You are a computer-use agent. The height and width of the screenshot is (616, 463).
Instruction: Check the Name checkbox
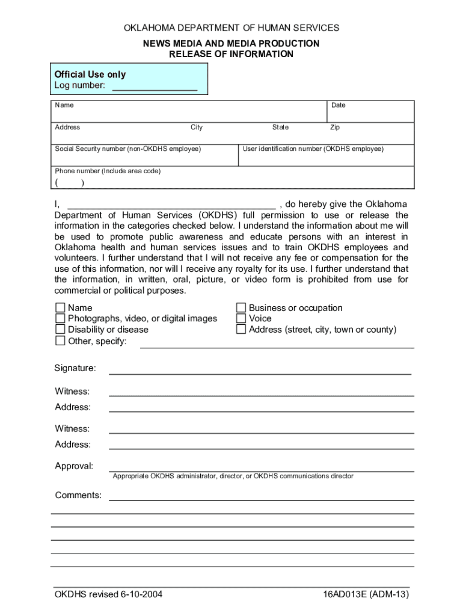pyautogui.click(x=60, y=308)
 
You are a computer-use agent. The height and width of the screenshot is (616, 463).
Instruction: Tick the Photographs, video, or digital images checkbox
pyautogui.click(x=60, y=319)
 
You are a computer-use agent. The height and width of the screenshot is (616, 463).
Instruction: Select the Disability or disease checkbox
pyautogui.click(x=60, y=330)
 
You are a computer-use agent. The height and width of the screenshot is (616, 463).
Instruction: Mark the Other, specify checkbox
pyautogui.click(x=60, y=341)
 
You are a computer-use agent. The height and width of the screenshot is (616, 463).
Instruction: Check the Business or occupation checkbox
pyautogui.click(x=241, y=308)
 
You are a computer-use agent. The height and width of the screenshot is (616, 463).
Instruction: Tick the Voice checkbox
pyautogui.click(x=241, y=319)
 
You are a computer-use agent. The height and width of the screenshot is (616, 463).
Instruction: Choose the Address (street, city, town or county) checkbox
pyautogui.click(x=241, y=330)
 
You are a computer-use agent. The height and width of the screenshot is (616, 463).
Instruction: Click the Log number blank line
pyautogui.click(x=155, y=87)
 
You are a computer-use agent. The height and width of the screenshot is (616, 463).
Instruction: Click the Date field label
pyautogui.click(x=339, y=105)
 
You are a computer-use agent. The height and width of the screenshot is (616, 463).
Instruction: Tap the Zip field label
pyautogui.click(x=335, y=128)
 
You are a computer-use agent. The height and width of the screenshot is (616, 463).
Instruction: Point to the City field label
pyautogui.click(x=197, y=128)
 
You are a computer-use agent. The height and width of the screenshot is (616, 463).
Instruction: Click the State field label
pyautogui.click(x=280, y=128)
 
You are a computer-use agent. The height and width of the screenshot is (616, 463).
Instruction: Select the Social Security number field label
pyautogui.click(x=128, y=149)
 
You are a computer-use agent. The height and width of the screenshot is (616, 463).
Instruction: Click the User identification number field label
pyautogui.click(x=313, y=149)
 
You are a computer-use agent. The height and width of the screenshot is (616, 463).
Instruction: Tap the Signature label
pyautogui.click(x=75, y=368)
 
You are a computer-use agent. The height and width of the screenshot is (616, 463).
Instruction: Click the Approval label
pyautogui.click(x=74, y=466)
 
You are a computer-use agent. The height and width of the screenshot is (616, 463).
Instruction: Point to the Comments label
pyautogui.click(x=78, y=495)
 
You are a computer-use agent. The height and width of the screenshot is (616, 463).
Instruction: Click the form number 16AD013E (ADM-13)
pyautogui.click(x=366, y=595)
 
